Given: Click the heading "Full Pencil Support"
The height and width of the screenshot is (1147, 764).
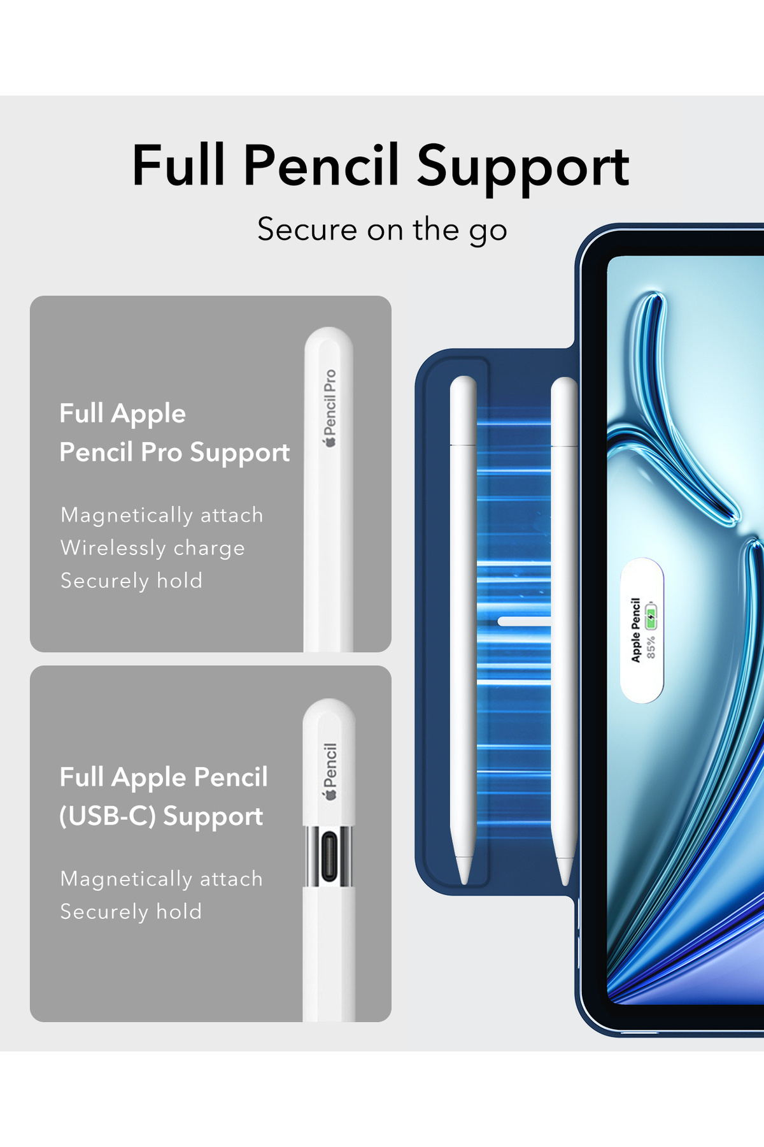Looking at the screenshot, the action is pyautogui.click(x=381, y=166).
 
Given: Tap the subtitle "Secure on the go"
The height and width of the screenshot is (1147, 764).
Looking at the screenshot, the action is pyautogui.click(x=382, y=230).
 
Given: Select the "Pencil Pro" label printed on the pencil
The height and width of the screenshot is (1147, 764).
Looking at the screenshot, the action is pyautogui.click(x=330, y=401).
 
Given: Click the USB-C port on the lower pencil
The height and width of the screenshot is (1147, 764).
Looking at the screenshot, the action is pyautogui.click(x=329, y=857).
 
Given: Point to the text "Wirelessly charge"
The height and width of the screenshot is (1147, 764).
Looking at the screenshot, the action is pyautogui.click(x=153, y=548).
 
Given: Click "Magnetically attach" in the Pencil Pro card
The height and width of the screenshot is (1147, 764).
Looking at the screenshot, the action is pyautogui.click(x=162, y=515).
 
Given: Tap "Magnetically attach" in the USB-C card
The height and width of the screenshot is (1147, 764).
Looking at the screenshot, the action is pyautogui.click(x=162, y=879).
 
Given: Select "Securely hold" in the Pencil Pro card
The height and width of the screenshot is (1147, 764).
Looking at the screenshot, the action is pyautogui.click(x=131, y=581).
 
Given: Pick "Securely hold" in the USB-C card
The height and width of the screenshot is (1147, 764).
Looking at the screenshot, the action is pyautogui.click(x=131, y=912).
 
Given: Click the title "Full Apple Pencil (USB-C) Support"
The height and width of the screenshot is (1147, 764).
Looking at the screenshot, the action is pyautogui.click(x=164, y=797).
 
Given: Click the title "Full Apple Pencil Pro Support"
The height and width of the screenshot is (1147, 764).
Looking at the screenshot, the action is pyautogui.click(x=174, y=433).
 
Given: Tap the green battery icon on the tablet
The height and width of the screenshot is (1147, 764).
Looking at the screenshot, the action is pyautogui.click(x=651, y=616).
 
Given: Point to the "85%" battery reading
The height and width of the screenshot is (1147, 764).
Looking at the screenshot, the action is pyautogui.click(x=651, y=647).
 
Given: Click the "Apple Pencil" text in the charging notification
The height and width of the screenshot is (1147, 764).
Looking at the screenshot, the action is pyautogui.click(x=635, y=630).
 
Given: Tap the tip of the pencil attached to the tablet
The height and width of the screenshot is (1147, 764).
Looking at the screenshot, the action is pyautogui.click(x=564, y=882).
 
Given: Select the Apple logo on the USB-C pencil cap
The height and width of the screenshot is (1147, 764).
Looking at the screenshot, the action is pyautogui.click(x=329, y=794).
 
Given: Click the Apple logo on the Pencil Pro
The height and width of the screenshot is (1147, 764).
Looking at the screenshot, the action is pyautogui.click(x=330, y=442).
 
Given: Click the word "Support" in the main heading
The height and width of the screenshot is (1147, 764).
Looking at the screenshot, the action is pyautogui.click(x=523, y=167).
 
